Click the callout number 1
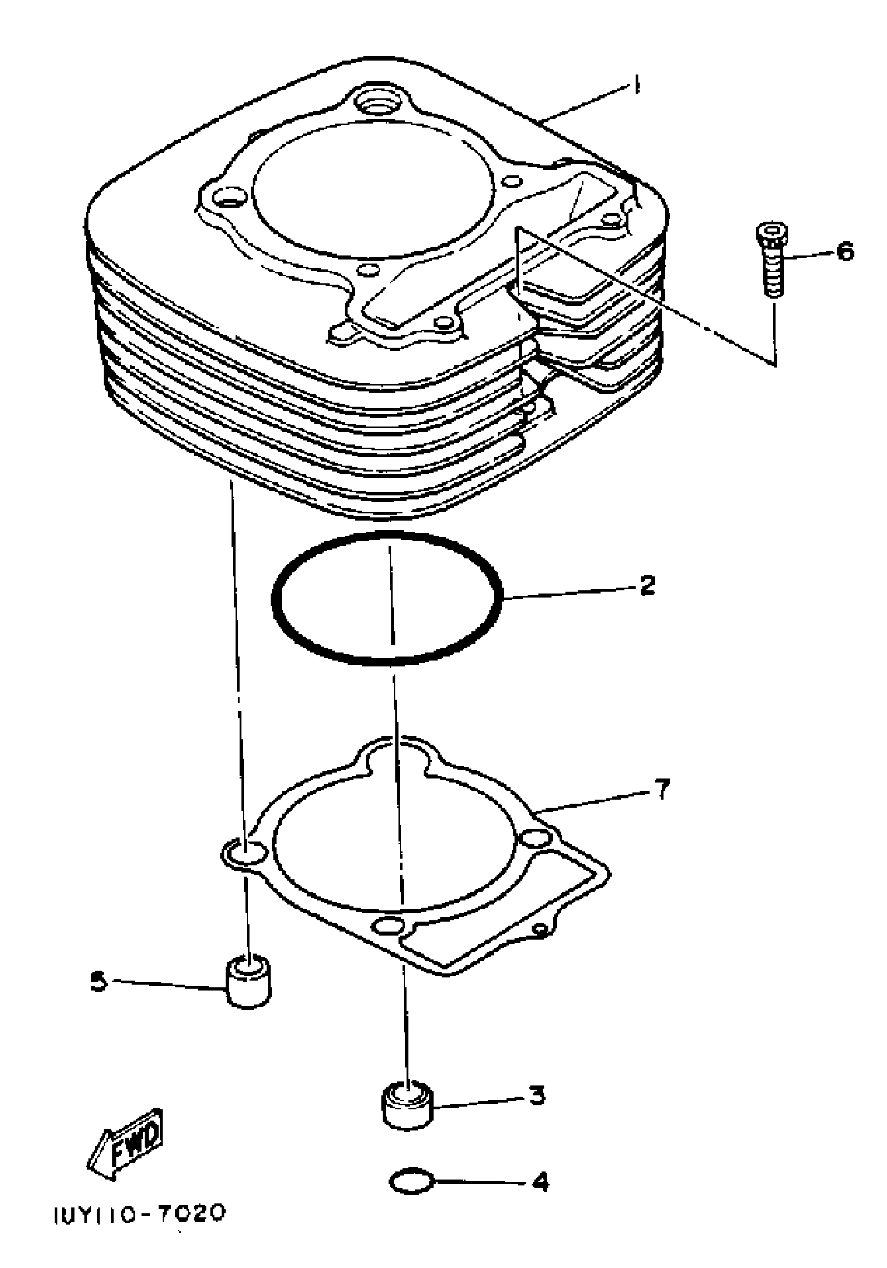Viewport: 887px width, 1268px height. pyautogui.click(x=637, y=86)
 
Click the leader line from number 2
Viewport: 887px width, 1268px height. pyautogui.click(x=569, y=592)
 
